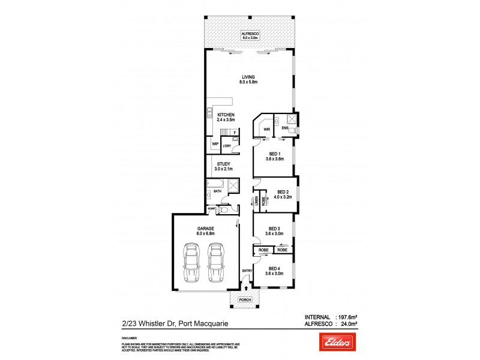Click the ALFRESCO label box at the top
248,35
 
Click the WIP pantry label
215,144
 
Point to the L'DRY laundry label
227,146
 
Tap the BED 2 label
275,194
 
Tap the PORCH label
245,299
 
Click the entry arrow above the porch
245,289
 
